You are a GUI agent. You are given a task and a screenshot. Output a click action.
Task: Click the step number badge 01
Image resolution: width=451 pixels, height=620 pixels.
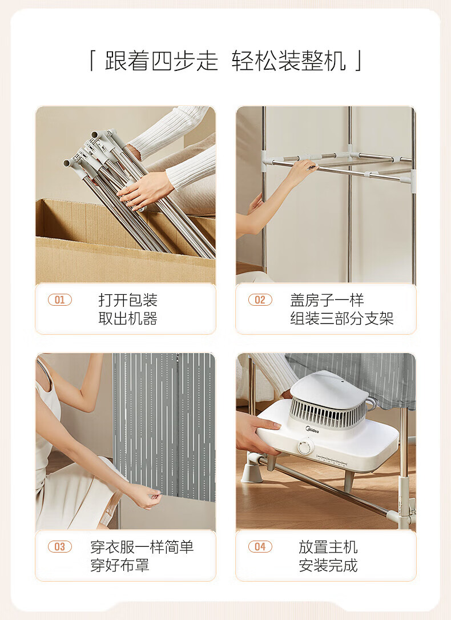point(59,300)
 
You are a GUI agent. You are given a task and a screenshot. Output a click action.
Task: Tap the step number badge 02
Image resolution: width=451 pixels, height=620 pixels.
point(260,300)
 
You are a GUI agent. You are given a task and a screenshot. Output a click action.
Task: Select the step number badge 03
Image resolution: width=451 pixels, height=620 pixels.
point(59,546)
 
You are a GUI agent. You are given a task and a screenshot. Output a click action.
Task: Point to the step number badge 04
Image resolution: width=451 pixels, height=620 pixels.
point(260,546)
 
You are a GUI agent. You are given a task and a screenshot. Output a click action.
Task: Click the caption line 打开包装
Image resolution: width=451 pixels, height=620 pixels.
point(128,300)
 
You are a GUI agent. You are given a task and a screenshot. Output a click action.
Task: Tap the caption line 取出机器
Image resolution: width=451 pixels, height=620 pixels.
point(128,318)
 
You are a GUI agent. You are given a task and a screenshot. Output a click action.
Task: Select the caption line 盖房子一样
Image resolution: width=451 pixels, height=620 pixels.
point(327,300)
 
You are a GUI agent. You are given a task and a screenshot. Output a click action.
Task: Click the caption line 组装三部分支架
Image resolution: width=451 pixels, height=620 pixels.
point(342,318)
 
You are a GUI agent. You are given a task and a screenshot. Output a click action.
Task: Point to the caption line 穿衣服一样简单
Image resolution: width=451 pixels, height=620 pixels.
point(142,547)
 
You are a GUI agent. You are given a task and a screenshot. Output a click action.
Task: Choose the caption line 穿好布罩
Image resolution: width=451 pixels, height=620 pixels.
point(120,565)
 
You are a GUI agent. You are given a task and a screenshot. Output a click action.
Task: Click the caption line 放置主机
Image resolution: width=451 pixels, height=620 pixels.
point(328,547)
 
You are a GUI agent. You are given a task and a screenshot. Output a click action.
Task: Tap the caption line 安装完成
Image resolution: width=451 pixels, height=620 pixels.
point(328,565)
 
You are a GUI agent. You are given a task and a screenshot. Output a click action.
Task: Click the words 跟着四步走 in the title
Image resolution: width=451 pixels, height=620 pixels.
point(162,61)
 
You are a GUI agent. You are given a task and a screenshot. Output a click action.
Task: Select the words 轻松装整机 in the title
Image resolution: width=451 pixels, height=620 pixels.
point(289,61)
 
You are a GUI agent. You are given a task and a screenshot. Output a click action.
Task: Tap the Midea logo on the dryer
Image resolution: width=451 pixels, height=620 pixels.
point(312,429)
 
